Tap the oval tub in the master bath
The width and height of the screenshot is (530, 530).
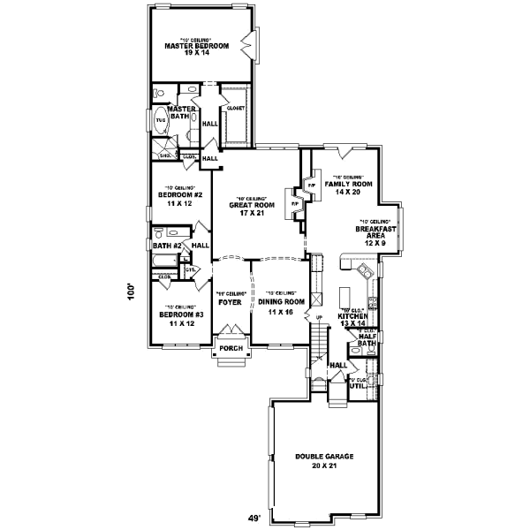point(161,120)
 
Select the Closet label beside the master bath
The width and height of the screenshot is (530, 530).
point(235,107)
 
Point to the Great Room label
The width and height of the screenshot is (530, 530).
point(247,208)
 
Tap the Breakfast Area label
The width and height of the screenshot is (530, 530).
point(375,231)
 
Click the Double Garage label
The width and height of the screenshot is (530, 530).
point(324,460)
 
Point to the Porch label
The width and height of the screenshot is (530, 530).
point(231,348)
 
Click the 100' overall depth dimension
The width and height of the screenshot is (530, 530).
point(130,291)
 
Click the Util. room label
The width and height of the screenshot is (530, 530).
point(357,385)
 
